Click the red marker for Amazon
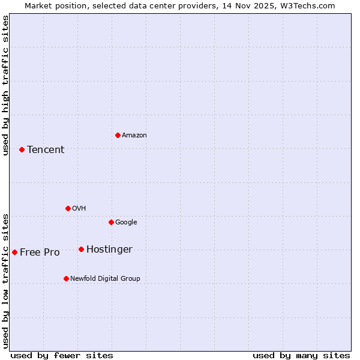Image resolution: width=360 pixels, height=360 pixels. tap(118, 135)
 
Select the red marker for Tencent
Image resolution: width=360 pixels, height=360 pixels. tap(22, 149)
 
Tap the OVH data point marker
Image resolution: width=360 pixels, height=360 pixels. tap(68, 208)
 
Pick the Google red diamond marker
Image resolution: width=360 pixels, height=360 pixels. tap(111, 222)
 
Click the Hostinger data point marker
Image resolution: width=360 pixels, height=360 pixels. tap(81, 249)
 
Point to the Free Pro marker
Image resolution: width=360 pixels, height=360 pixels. tap(14, 252)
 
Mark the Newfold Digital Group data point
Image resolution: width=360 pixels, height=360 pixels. tap(66, 278)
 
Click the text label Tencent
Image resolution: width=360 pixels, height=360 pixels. tap(46, 149)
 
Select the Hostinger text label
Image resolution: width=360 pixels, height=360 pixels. tap(109, 249)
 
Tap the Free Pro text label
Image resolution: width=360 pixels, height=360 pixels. tap(40, 252)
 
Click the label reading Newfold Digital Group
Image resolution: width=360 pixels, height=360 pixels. tap(105, 278)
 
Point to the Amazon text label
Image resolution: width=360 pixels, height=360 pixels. tap(134, 135)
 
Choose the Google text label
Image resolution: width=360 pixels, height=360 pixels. tap(126, 222)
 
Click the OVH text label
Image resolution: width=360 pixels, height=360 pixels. tap(79, 208)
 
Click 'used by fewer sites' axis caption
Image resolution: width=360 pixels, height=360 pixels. tap(62, 355)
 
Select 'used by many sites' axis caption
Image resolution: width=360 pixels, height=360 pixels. tap(301, 355)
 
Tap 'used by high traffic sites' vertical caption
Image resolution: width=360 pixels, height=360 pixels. tap(5, 85)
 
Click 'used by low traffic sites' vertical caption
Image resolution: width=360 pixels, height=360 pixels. tap(5, 280)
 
